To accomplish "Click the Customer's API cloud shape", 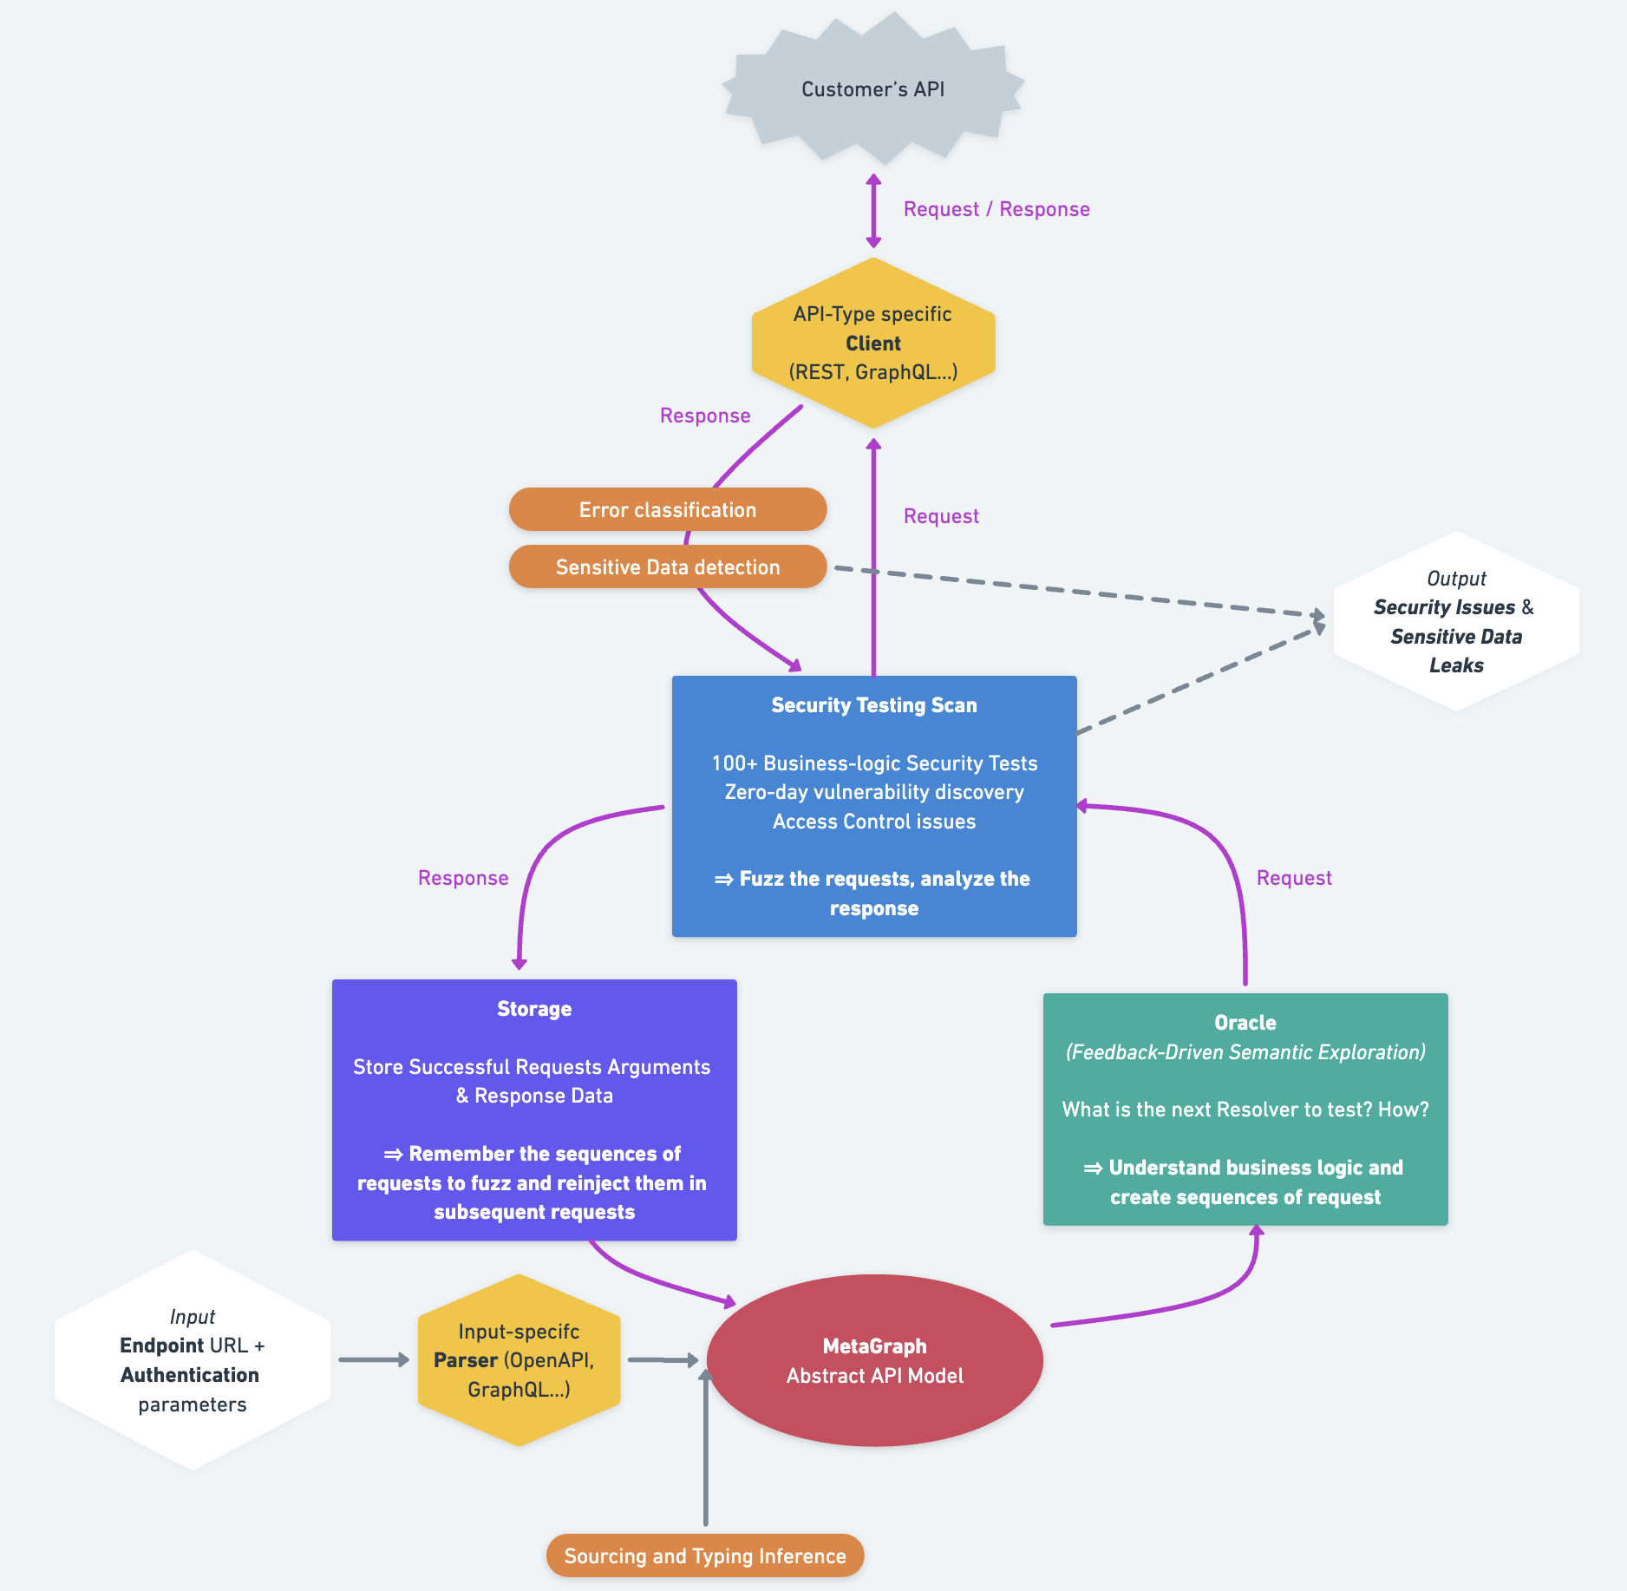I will pyautogui.click(x=872, y=89).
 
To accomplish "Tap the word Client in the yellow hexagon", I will pyautogui.click(x=872, y=344).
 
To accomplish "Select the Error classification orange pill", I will pyautogui.click(x=667, y=510).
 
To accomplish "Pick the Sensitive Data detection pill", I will pyautogui.click(x=667, y=567).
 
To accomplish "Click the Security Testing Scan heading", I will pyautogui.click(x=873, y=705).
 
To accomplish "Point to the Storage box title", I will pyautogui.click(x=533, y=1009).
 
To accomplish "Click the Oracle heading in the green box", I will pyautogui.click(x=1245, y=1023).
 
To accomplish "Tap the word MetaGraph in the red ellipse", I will pyautogui.click(x=874, y=1346).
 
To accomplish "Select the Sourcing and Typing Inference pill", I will pyautogui.click(x=704, y=1556).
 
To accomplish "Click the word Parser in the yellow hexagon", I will pyautogui.click(x=466, y=1360).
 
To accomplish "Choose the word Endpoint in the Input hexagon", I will pyautogui.click(x=161, y=1345).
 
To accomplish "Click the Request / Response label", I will pyautogui.click(x=996, y=209).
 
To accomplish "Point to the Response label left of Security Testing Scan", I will pyautogui.click(x=463, y=878).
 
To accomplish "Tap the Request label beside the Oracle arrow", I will pyautogui.click(x=1293, y=878).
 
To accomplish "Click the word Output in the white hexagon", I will pyautogui.click(x=1456, y=579).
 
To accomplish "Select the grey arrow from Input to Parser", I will pyautogui.click(x=373, y=1359).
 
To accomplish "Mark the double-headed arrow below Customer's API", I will pyautogui.click(x=873, y=211).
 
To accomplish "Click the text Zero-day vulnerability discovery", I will pyautogui.click(x=873, y=792).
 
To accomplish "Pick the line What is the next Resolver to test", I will pyautogui.click(x=1245, y=1110).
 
